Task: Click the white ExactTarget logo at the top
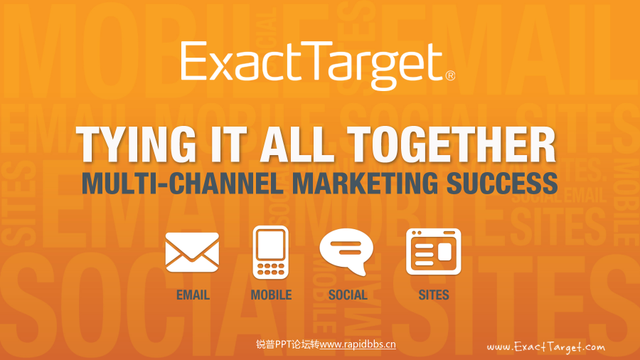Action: (318, 65)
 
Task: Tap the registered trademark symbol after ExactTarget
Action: (450, 75)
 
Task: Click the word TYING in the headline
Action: (137, 144)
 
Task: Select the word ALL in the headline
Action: (297, 144)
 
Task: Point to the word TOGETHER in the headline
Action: (452, 144)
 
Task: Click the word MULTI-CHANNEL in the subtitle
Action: (182, 184)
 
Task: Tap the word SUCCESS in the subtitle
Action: (503, 184)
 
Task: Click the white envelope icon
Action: (192, 253)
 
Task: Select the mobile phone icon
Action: (271, 253)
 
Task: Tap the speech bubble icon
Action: (346, 251)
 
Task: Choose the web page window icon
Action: (434, 251)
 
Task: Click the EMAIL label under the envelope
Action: (193, 295)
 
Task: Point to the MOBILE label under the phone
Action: (271, 295)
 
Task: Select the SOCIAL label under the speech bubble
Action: (348, 295)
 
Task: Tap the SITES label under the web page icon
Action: (434, 295)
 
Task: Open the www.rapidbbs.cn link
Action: (358, 344)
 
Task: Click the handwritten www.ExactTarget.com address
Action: (545, 347)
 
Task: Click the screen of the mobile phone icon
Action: (271, 245)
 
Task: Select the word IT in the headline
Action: (228, 144)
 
